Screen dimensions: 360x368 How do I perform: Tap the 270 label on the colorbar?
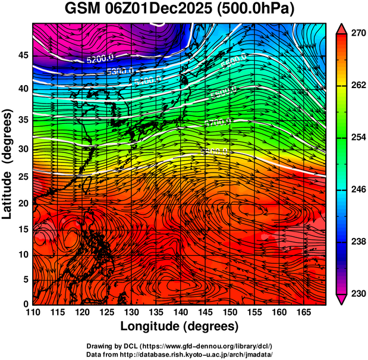[x=357, y=33]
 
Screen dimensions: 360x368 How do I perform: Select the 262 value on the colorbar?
[x=357, y=86]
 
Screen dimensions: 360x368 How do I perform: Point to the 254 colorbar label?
[x=357, y=137]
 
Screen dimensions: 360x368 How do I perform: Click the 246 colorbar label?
[x=357, y=190]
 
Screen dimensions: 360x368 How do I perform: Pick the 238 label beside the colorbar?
[x=357, y=242]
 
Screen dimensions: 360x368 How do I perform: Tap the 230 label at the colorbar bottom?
[x=357, y=293]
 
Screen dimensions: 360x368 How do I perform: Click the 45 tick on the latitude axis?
[x=23, y=55]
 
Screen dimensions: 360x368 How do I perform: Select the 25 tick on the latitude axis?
[x=23, y=177]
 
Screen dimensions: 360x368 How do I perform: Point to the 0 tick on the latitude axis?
[x=26, y=304]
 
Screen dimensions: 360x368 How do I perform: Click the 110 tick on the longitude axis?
[x=33, y=312]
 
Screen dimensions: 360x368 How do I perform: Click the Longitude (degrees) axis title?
[x=180, y=326]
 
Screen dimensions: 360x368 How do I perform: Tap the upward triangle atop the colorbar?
[x=342, y=29]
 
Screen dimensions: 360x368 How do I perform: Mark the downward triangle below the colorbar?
[x=342, y=299]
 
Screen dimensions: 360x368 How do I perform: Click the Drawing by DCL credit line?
[x=180, y=346]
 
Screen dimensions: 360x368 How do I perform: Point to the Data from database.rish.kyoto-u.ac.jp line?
[x=180, y=354]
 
